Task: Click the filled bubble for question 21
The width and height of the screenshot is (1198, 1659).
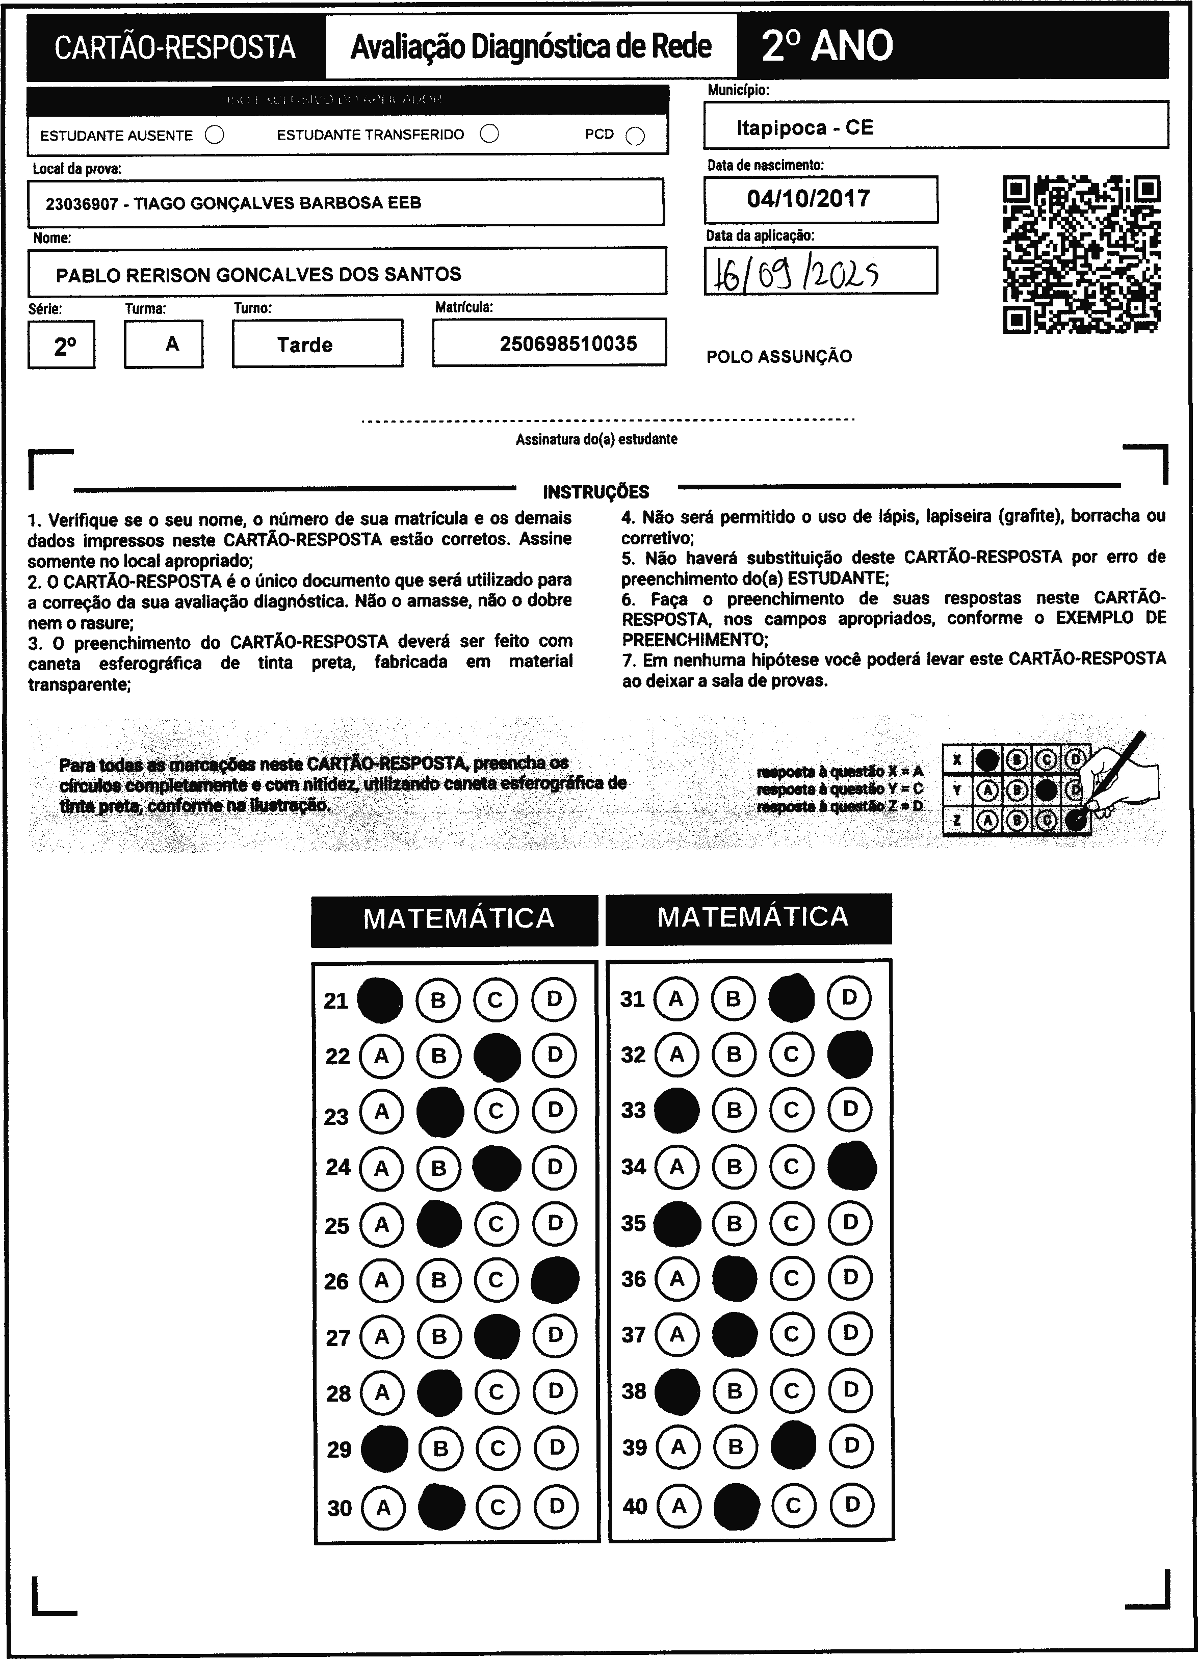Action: [x=380, y=999]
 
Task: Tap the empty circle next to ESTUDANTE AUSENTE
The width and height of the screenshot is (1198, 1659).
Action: [x=215, y=136]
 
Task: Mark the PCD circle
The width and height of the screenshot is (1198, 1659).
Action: [x=635, y=137]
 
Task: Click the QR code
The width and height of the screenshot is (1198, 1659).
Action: [x=1081, y=254]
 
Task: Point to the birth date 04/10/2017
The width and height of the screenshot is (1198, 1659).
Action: [x=808, y=199]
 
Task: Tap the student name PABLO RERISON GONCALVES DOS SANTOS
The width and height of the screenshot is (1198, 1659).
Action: [x=258, y=274]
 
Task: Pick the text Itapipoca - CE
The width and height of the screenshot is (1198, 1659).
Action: [x=805, y=128]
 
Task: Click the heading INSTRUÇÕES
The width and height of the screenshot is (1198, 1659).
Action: [x=596, y=491]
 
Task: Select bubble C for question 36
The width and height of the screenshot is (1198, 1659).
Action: [x=791, y=1278]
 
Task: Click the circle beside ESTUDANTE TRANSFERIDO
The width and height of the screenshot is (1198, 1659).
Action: [x=489, y=134]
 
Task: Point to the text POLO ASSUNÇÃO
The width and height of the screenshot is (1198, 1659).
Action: [x=778, y=357]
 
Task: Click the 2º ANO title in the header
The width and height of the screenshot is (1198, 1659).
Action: [x=827, y=46]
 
